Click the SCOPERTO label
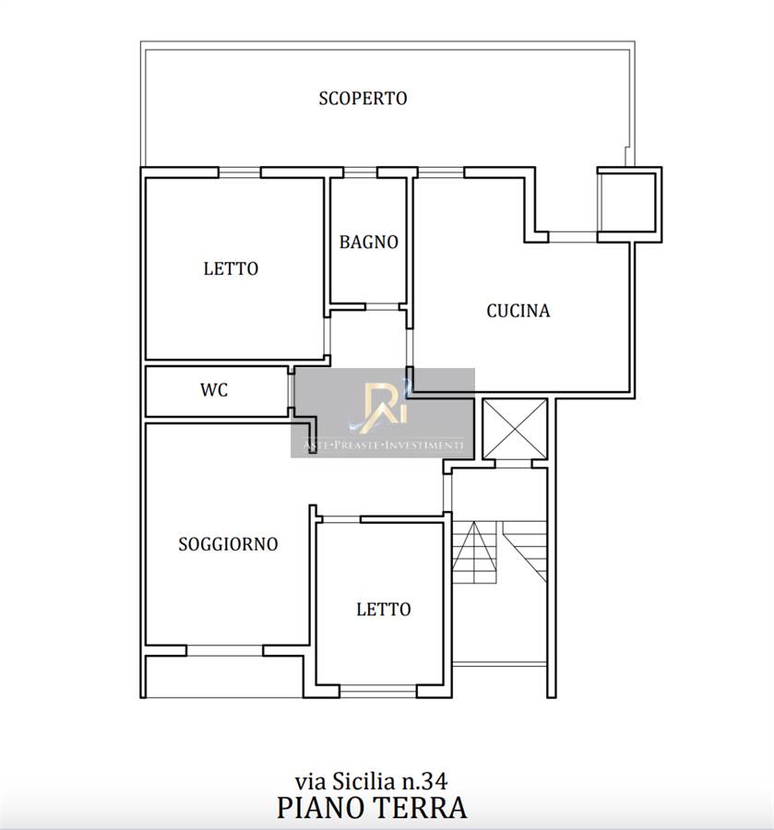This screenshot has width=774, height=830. (363, 99)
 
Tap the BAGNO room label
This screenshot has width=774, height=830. (368, 243)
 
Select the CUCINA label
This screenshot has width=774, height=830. (518, 311)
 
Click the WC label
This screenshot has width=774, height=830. (214, 390)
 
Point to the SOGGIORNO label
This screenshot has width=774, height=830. (228, 544)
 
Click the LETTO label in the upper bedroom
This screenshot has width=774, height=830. (231, 269)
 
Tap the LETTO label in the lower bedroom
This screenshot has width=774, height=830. (383, 610)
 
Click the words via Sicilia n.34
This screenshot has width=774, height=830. (371, 781)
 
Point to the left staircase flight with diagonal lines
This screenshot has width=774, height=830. (474, 552)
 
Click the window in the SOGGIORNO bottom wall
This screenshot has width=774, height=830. (225, 650)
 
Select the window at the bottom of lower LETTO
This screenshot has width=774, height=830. (378, 692)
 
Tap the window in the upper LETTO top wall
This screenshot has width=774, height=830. (239, 172)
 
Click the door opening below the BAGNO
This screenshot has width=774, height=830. (382, 306)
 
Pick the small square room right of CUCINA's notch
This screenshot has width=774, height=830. (629, 205)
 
